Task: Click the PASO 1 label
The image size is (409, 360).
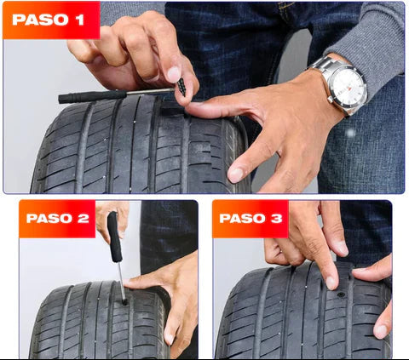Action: pyautogui.click(x=48, y=20)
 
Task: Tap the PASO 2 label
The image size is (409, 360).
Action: pyautogui.click(x=58, y=219)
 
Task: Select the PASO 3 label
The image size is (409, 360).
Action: pyautogui.click(x=251, y=219)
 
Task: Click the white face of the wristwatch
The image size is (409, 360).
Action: pyautogui.click(x=349, y=87)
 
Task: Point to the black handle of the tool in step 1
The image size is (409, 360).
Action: pyautogui.click(x=93, y=96)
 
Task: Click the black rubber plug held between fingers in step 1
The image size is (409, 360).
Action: pyautogui.click(x=181, y=87)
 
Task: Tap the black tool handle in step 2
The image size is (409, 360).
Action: pyautogui.click(x=114, y=237)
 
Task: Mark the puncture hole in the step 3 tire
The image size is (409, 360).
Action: pyautogui.click(x=341, y=294)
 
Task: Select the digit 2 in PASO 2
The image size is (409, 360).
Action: pyautogui.click(x=84, y=219)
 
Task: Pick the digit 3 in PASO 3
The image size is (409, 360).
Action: pyautogui.click(x=277, y=219)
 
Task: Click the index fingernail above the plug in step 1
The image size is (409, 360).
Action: pyautogui.click(x=173, y=75)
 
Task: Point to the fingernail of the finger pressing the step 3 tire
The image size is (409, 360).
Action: pyautogui.click(x=331, y=283)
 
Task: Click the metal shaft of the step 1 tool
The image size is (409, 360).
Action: pyautogui.click(x=151, y=91)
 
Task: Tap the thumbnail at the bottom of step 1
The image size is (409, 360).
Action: pyautogui.click(x=236, y=175)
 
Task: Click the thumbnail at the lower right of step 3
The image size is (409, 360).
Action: pyautogui.click(x=381, y=331)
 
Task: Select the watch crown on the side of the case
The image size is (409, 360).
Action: pyautogui.click(x=331, y=100)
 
